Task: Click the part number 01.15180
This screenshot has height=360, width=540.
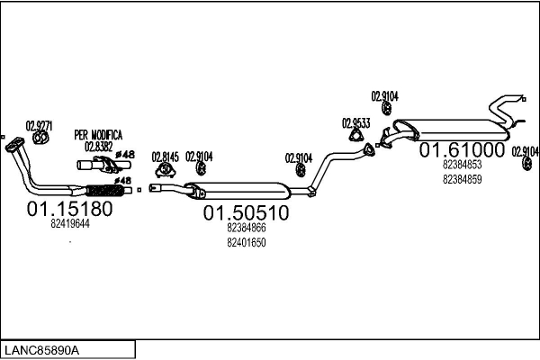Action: coord(69,209)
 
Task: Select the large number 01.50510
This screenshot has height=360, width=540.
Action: coord(245,213)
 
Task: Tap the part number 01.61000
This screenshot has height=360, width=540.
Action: coord(462,149)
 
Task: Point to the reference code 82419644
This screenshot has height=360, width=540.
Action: coord(69,224)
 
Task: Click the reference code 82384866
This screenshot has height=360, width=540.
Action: coord(246,229)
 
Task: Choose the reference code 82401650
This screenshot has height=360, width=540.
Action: coord(246,242)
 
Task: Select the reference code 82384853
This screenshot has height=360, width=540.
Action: coord(462,165)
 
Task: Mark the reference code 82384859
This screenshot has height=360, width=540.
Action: coord(462,179)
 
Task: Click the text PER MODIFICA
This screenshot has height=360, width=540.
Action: coord(98,134)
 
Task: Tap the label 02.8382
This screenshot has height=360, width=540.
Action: coord(98,146)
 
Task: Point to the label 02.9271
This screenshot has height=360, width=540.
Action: coord(39,125)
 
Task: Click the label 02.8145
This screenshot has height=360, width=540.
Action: coord(165,155)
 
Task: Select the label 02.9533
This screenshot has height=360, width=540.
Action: coord(355,123)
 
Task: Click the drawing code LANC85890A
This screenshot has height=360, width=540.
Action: coord(42,348)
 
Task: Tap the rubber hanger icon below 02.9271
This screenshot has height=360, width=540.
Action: coord(40,139)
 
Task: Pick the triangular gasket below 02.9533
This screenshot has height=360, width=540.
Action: coord(355,138)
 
